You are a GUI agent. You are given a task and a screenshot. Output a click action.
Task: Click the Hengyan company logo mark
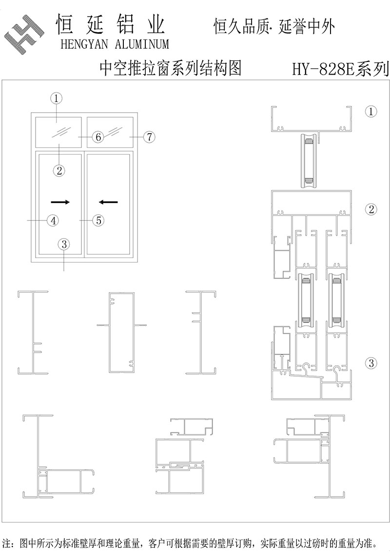(x=24, y=35)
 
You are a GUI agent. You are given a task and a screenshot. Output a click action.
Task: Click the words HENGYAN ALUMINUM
(x=115, y=44)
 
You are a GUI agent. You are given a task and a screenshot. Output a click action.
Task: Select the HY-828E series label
(x=340, y=69)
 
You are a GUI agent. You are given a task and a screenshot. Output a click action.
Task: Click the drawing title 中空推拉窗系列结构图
(x=171, y=68)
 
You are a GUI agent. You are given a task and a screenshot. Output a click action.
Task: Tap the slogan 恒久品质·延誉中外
(x=274, y=27)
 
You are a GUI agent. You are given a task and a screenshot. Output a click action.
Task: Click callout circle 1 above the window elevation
(x=57, y=98)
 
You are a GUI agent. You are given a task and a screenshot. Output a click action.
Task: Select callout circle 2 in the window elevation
(x=59, y=170)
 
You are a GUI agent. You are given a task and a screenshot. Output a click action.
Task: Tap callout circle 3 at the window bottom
(x=64, y=244)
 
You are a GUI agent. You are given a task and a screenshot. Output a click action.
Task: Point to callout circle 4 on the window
(x=53, y=220)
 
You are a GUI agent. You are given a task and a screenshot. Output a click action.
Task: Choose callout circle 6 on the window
(x=98, y=137)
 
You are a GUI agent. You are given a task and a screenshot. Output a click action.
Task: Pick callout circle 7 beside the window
(x=149, y=137)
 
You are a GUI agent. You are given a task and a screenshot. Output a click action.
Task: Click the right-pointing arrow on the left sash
(x=60, y=202)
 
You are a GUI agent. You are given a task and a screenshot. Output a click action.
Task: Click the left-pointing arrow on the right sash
(x=108, y=202)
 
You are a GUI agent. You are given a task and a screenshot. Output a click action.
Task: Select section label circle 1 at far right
(x=371, y=112)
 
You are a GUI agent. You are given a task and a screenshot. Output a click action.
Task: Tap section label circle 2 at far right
(x=371, y=209)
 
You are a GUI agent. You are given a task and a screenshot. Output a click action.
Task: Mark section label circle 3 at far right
(x=371, y=363)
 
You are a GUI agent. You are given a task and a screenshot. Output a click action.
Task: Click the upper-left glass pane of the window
(x=58, y=132)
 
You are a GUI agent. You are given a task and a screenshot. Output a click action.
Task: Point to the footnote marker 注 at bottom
(x=6, y=544)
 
